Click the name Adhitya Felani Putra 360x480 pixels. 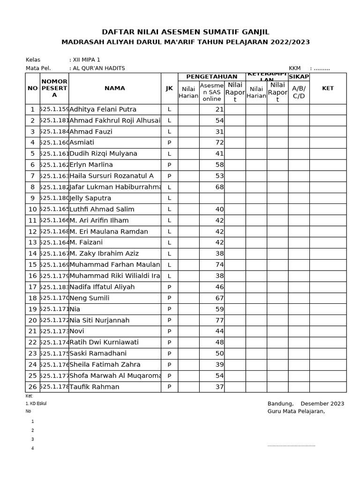tap(103, 110)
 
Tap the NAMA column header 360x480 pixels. tap(114, 88)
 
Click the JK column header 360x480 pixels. tap(169, 88)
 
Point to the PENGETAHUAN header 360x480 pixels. tap(212, 77)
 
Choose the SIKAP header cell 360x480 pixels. tap(299, 77)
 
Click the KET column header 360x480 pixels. tap(328, 88)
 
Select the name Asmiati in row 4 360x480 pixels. tap(82, 142)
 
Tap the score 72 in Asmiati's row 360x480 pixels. tap(219, 142)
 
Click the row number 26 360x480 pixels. tap(32, 387)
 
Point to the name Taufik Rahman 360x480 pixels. tap(94, 387)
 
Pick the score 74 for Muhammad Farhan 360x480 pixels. tap(219, 265)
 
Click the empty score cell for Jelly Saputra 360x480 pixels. tap(212, 198)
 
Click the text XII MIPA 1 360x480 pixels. tap(86, 60)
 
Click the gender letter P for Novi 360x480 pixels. tap(169, 331)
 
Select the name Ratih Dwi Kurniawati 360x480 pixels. tap(104, 343)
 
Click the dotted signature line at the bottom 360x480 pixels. tap(291, 446)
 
